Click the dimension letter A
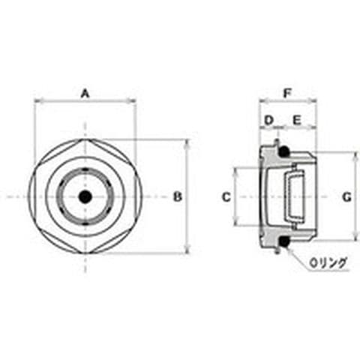[85, 94]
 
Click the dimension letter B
[178, 196]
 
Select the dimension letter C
[226, 197]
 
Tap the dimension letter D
[268, 121]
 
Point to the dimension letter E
[297, 121]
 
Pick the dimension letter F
[287, 94]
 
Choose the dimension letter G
[346, 197]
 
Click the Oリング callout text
[328, 262]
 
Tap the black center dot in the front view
[85, 196]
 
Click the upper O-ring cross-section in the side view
[283, 151]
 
